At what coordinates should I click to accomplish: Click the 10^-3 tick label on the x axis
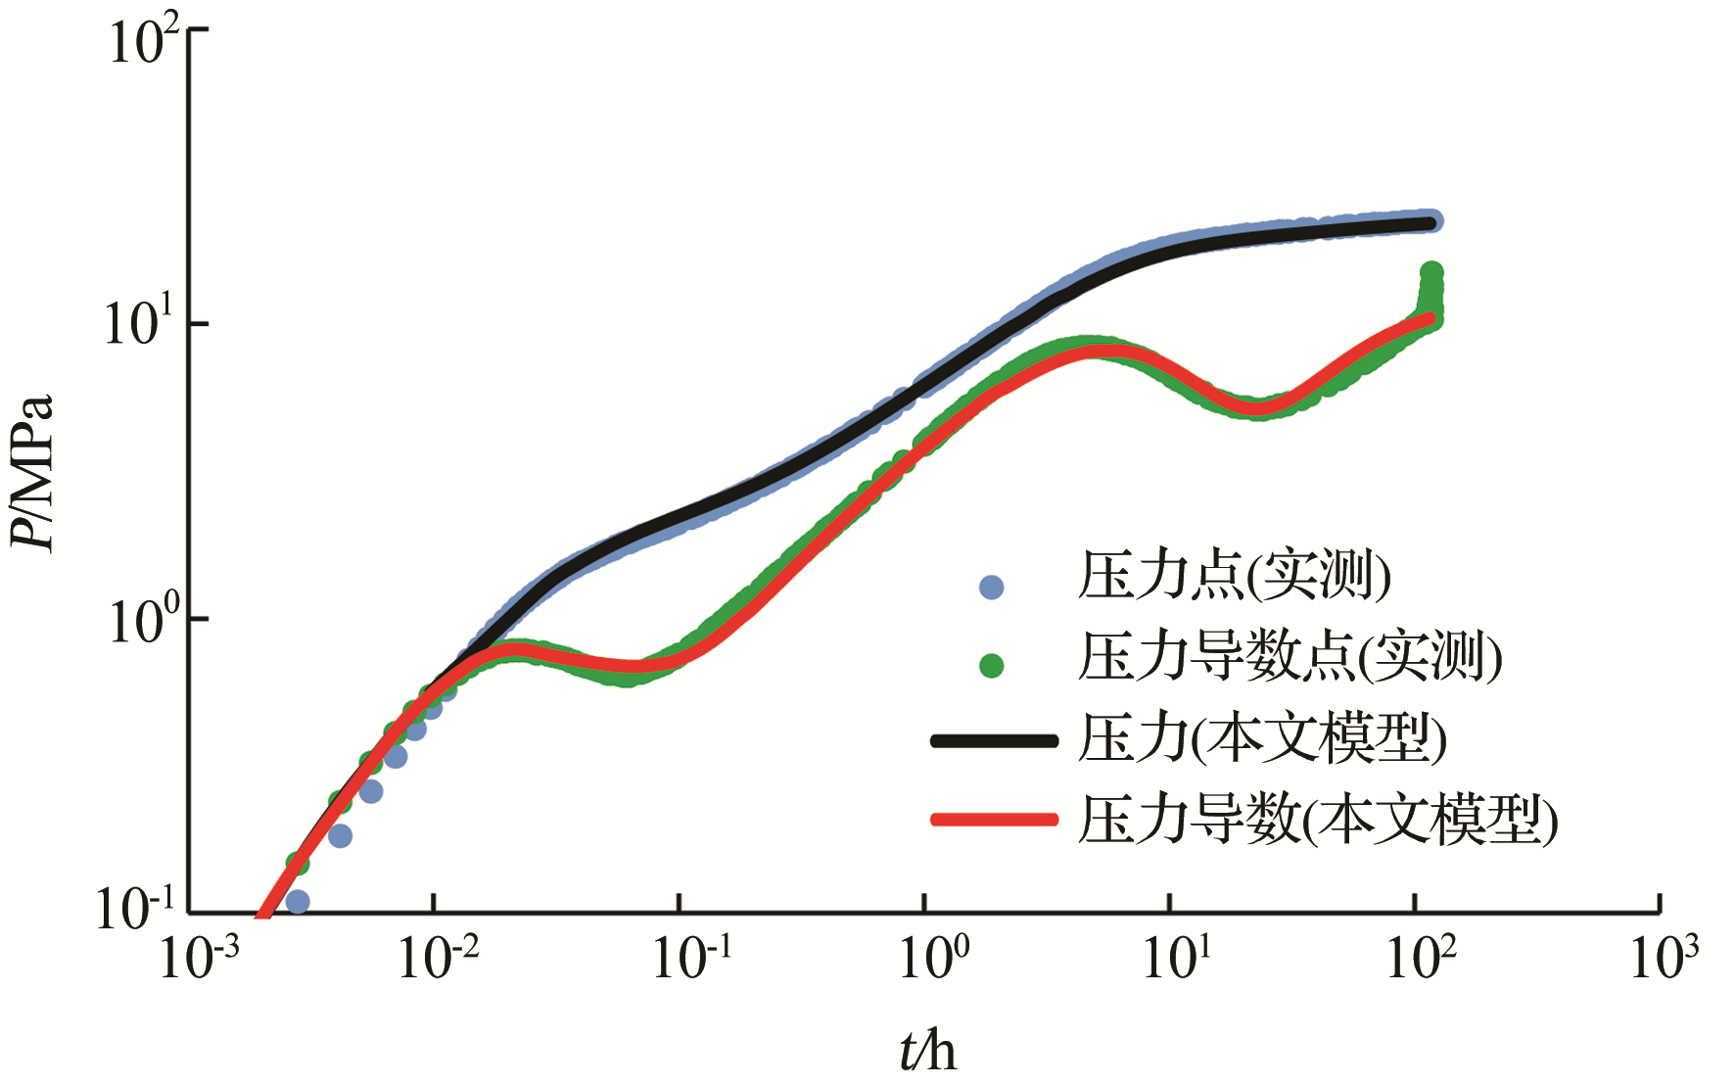tap(199, 957)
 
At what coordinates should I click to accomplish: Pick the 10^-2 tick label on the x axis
tap(438, 957)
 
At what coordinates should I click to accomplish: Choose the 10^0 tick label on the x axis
tap(933, 957)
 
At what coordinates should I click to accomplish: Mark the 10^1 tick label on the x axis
tap(1177, 957)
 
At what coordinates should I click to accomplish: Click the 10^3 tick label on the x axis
tap(1664, 957)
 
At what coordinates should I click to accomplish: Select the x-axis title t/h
tap(926, 1052)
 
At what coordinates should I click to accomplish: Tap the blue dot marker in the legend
tap(992, 587)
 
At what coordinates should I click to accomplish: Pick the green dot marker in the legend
tap(992, 666)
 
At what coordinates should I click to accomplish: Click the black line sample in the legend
tap(994, 740)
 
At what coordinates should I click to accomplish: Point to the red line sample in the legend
tap(994, 820)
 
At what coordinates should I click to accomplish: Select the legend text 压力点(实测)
tap(1234, 575)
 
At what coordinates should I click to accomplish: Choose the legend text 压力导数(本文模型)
tap(1317, 820)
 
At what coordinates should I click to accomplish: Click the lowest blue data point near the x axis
tap(298, 901)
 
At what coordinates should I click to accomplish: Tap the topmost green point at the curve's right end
tap(1430, 271)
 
